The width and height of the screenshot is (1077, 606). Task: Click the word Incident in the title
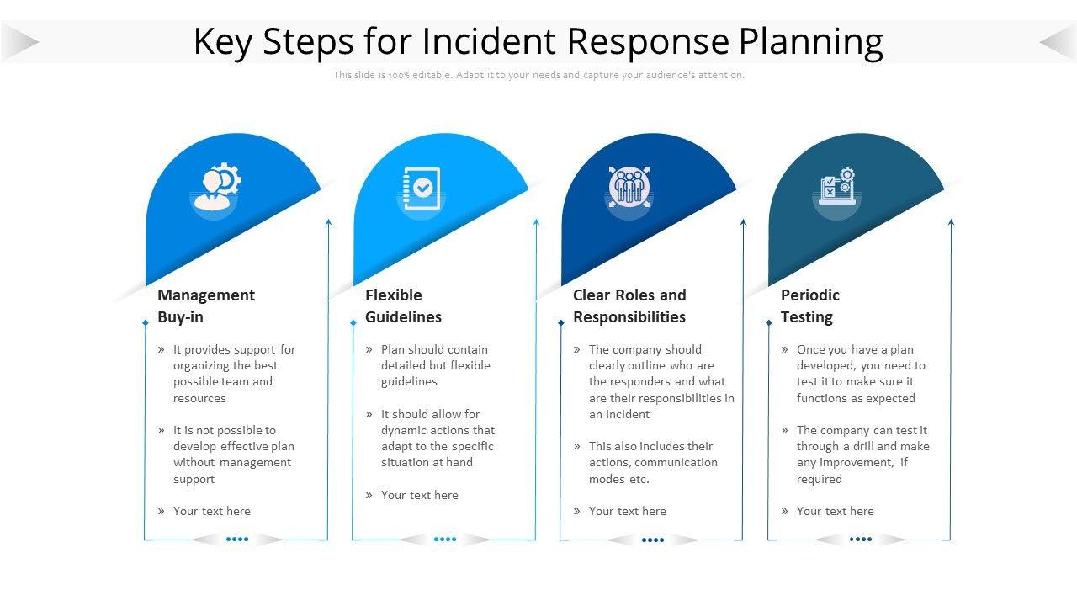490,41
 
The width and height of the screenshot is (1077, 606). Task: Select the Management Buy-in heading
205,306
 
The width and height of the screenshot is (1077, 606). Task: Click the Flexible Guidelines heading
403,306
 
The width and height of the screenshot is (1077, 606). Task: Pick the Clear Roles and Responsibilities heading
629,306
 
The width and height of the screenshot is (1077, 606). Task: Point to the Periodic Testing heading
809,306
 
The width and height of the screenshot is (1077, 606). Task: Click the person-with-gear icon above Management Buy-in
217,187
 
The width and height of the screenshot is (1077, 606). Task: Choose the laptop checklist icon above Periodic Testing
837,187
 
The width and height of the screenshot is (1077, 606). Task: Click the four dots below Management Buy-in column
237,540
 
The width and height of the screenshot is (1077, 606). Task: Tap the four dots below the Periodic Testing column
861,540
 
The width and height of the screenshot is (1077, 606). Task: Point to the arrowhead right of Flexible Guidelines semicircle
536,222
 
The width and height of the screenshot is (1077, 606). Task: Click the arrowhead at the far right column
952,222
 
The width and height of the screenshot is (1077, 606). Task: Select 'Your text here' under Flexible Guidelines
419,495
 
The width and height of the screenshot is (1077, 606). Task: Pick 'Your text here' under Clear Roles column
627,511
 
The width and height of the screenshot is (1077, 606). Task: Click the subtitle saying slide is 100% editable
538,75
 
